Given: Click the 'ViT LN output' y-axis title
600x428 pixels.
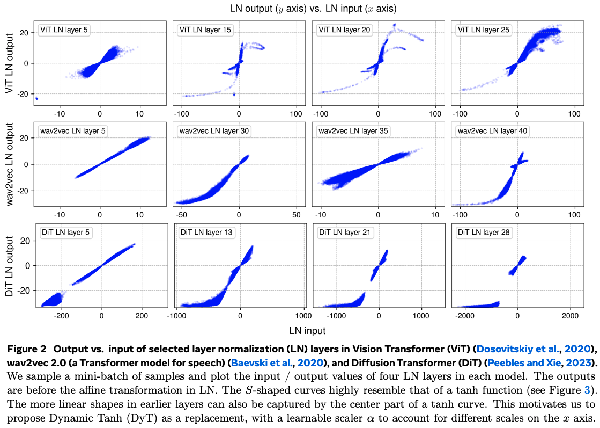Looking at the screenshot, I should (x=9, y=63).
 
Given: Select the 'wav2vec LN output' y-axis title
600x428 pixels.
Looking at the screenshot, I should (x=9, y=164).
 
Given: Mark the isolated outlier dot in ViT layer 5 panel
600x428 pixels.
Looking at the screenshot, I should (x=36, y=98).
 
